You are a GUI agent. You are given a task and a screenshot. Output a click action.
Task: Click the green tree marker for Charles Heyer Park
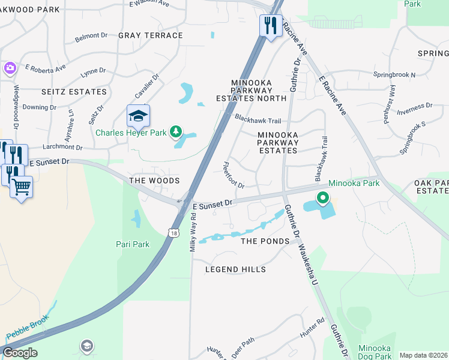175,131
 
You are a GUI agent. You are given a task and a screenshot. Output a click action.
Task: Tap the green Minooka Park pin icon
322,197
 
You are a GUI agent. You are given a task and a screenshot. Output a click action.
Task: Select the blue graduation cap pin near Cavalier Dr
138,115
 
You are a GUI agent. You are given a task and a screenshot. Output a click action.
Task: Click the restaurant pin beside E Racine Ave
271,26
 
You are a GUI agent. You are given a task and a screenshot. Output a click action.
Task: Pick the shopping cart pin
21,187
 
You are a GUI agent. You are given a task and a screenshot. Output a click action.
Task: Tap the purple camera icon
9,68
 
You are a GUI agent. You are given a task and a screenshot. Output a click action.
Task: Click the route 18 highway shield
173,232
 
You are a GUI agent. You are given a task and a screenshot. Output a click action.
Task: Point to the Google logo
20,353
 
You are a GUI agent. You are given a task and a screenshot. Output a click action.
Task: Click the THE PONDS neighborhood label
265,241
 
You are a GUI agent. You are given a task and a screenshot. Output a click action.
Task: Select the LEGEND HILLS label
235,269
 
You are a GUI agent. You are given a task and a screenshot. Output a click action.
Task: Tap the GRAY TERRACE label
150,35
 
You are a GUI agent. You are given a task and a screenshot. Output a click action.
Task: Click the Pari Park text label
132,244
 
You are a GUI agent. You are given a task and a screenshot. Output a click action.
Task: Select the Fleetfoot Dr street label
234,175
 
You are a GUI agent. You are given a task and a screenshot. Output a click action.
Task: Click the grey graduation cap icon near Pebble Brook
87,346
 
